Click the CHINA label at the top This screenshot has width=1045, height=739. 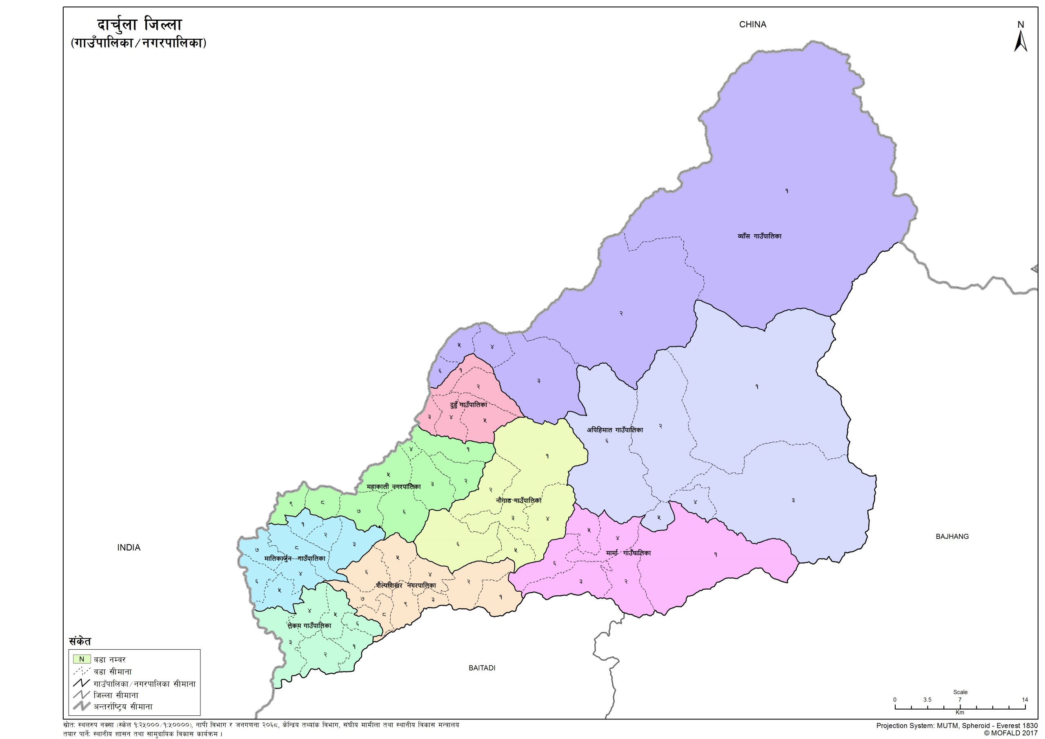752,24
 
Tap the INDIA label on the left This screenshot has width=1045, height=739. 129,548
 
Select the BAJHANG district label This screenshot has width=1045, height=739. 952,537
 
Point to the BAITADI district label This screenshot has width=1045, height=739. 482,668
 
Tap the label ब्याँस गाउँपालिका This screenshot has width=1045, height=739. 759,237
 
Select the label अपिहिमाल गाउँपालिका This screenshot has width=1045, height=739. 614,430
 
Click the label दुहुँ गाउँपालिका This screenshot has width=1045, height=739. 468,404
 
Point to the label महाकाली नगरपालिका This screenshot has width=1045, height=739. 394,486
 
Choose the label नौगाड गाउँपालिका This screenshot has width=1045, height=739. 519,500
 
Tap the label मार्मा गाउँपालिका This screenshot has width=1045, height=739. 628,553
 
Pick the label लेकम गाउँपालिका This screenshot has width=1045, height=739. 309,626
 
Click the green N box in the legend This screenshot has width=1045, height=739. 82,659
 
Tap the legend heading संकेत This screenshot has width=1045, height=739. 80,641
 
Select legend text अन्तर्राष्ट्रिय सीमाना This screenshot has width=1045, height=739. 123,707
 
